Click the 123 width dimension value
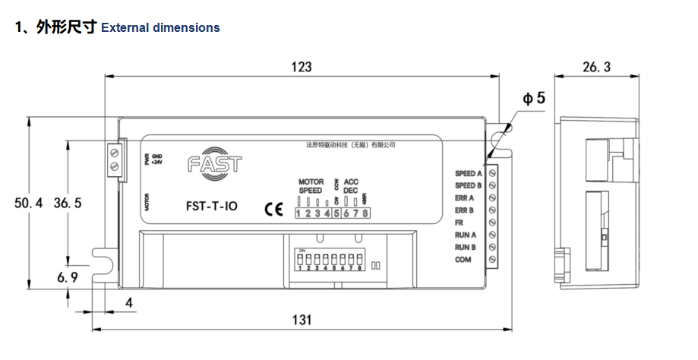click(302, 67)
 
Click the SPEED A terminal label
click(469, 174)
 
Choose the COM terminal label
click(463, 260)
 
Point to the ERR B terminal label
click(465, 210)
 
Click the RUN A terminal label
click(466, 235)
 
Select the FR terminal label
click(460, 223)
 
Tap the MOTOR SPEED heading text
click(311, 186)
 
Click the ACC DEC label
click(351, 186)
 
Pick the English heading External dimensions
click(160, 28)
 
